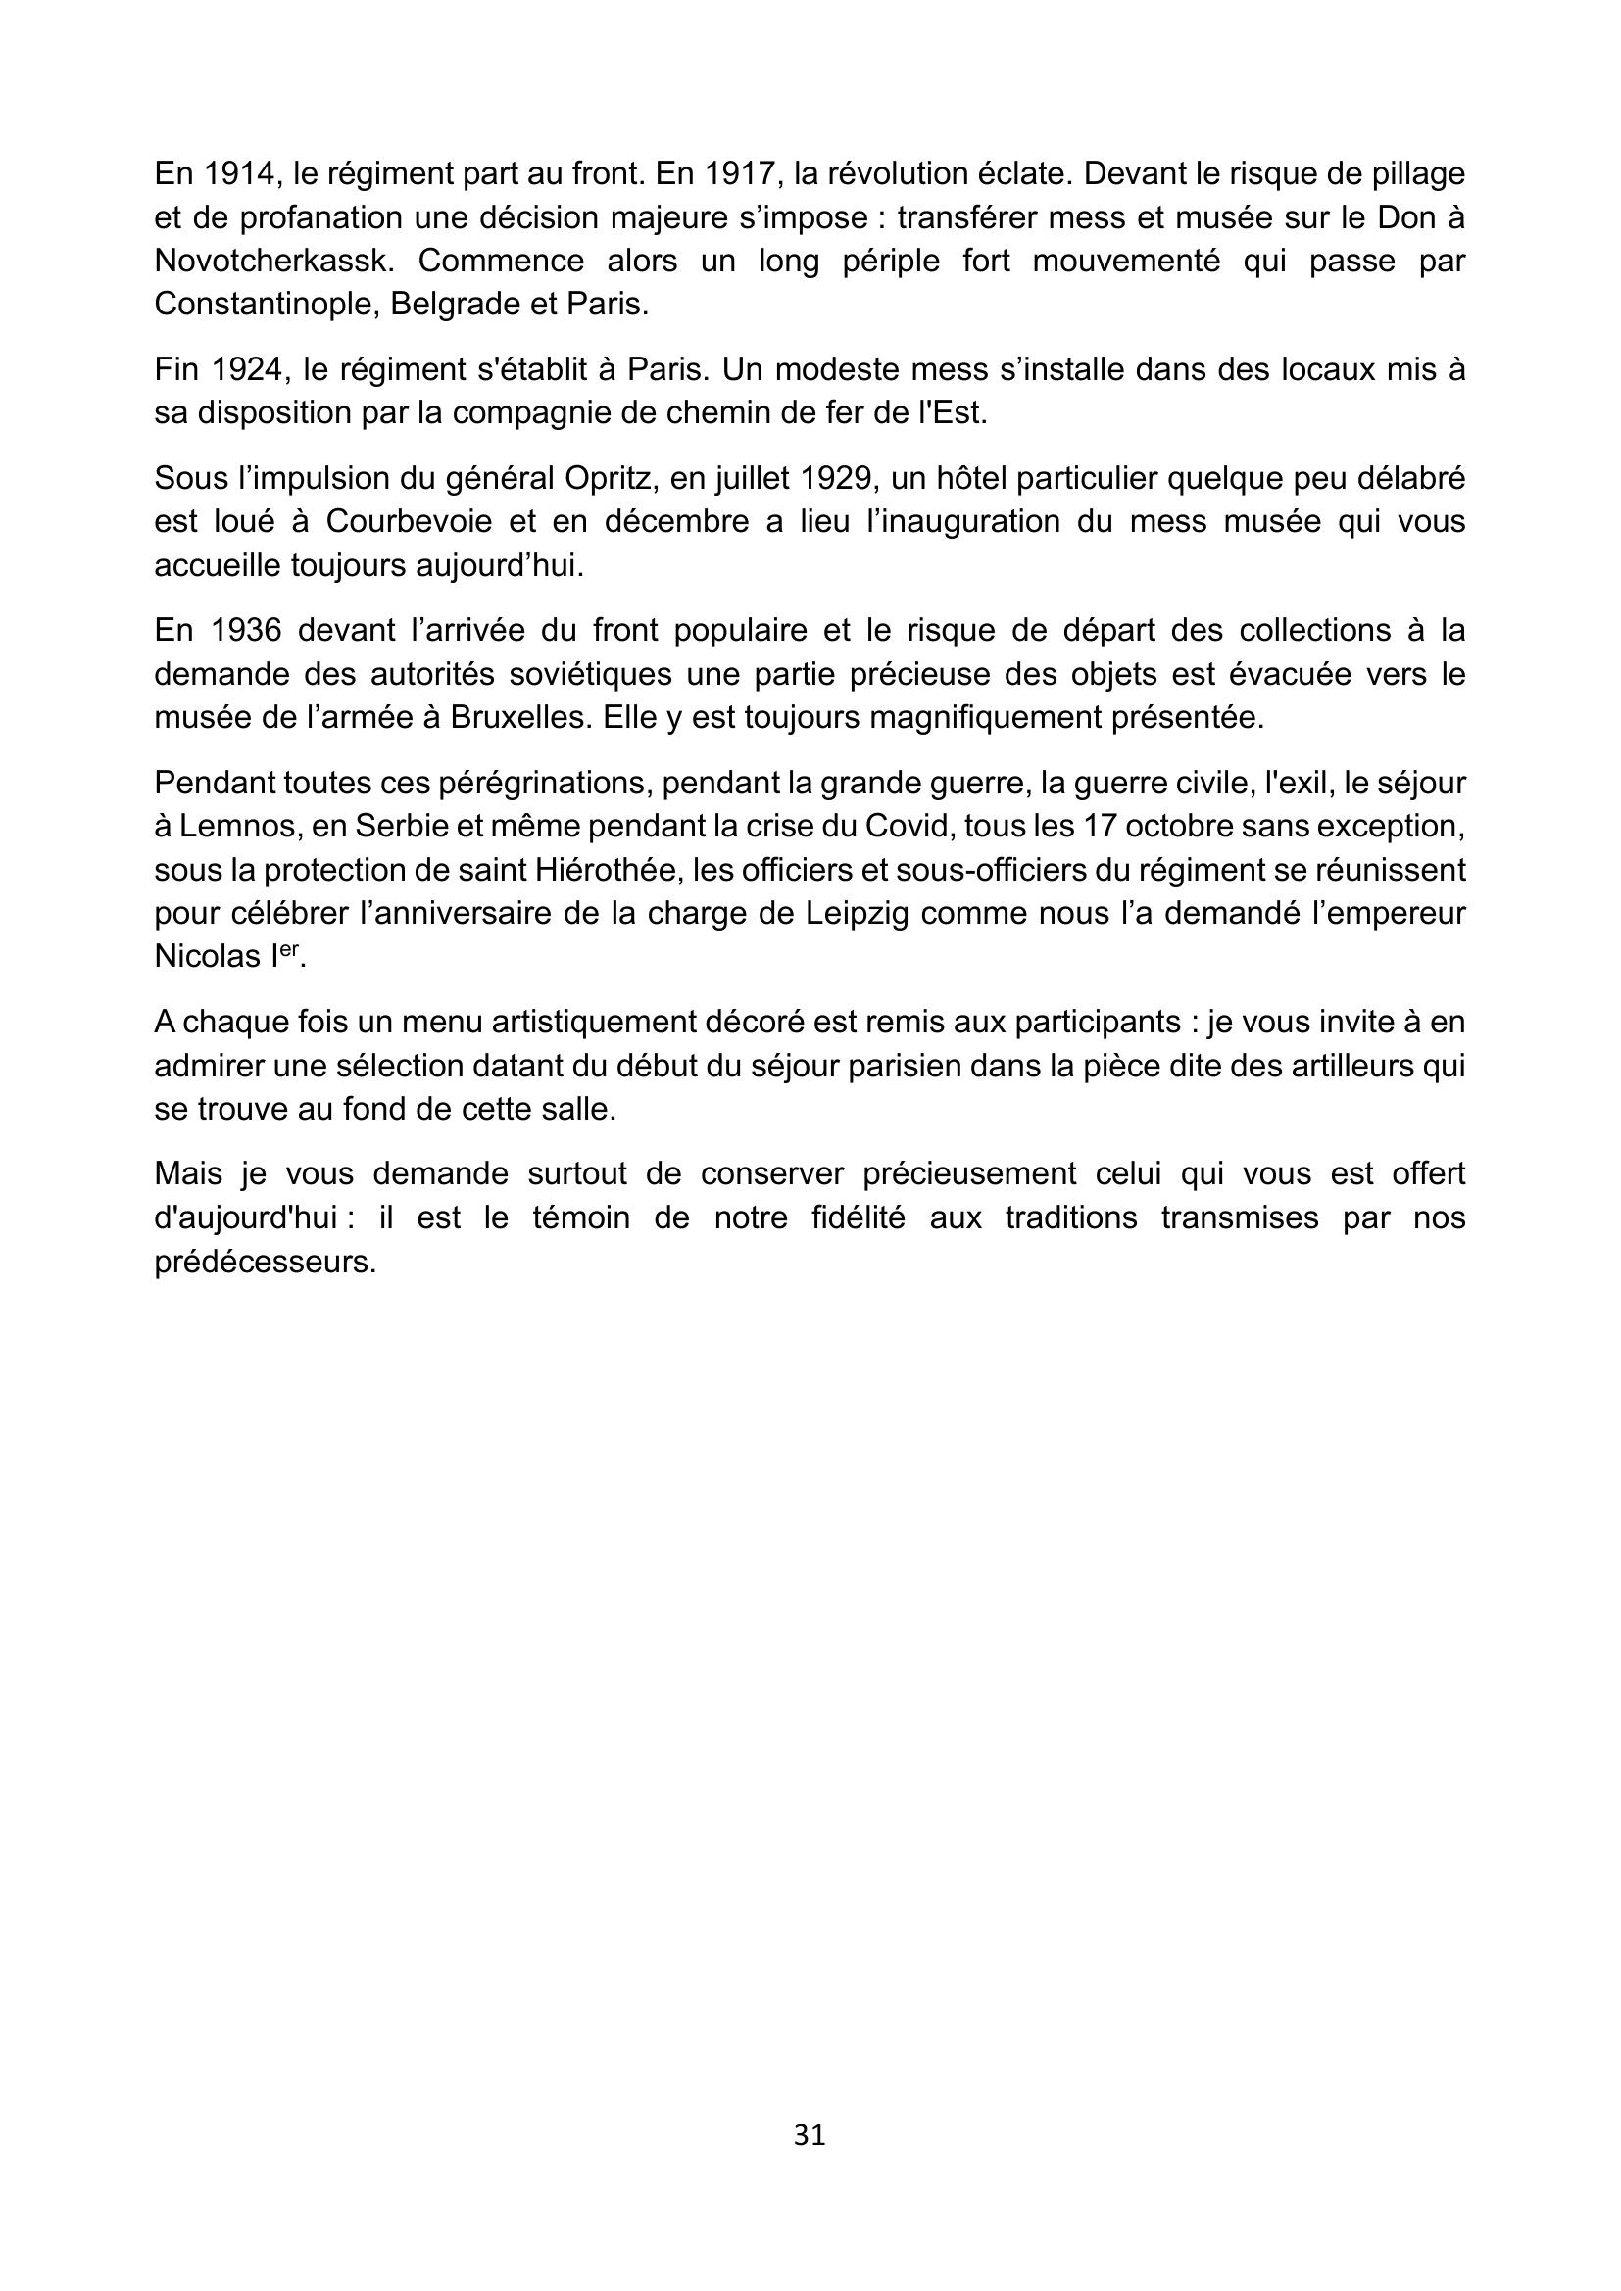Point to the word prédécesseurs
click(265, 1262)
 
